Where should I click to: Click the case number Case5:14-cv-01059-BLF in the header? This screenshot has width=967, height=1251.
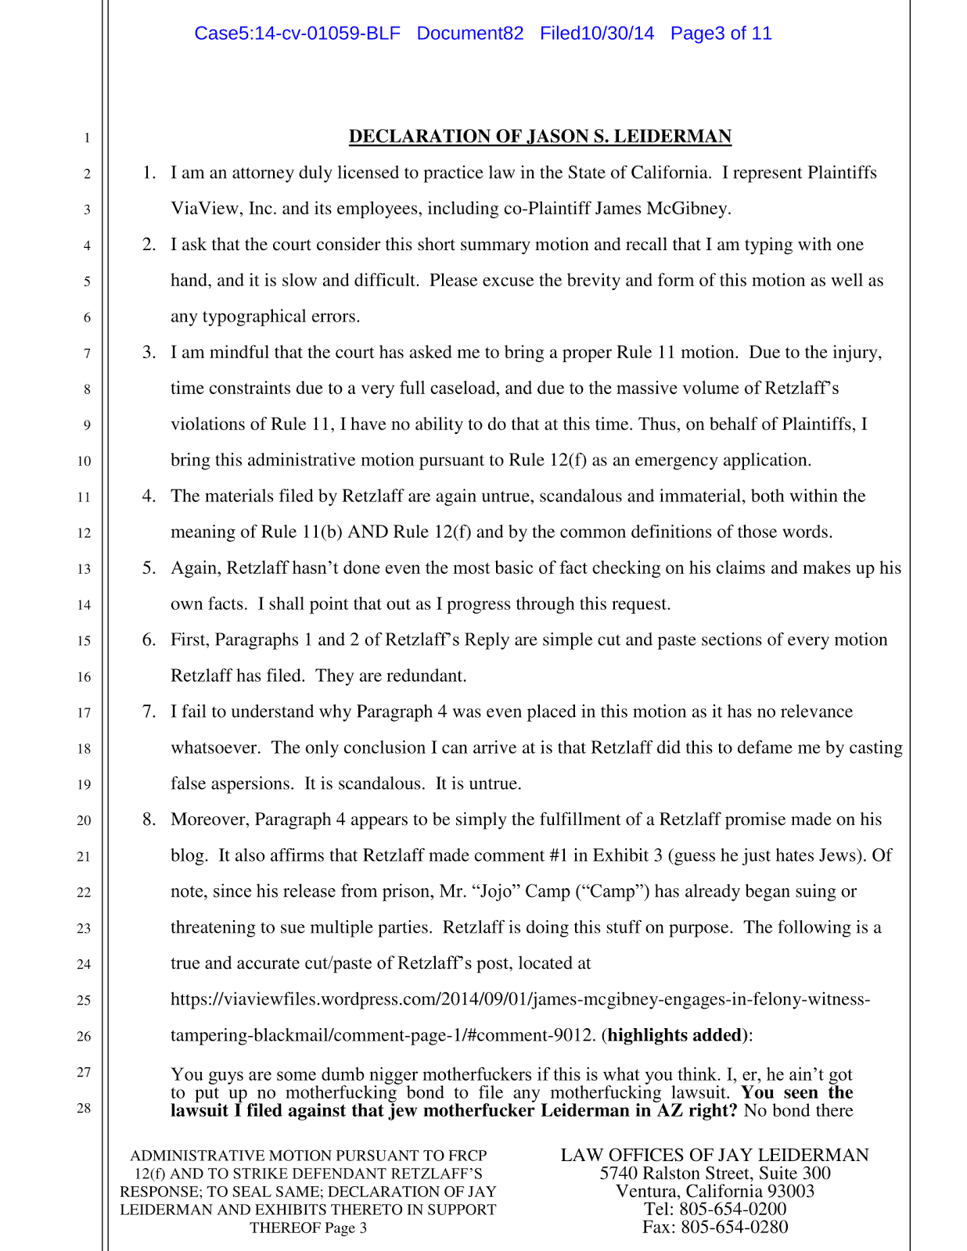[x=297, y=34]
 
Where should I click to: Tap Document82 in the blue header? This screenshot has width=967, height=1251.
[x=470, y=34]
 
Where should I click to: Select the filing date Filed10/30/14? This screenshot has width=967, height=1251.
[x=597, y=34]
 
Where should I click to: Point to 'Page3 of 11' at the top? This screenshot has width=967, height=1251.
[x=721, y=34]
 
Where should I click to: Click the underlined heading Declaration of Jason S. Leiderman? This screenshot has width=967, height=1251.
[x=540, y=137]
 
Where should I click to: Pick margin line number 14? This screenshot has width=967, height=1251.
[x=84, y=604]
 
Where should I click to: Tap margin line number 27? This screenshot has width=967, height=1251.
[x=84, y=1072]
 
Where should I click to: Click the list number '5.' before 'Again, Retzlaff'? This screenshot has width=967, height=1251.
[x=149, y=568]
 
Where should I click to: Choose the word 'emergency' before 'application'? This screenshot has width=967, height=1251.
[x=676, y=461]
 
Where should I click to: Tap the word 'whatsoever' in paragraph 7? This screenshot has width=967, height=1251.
[x=215, y=748]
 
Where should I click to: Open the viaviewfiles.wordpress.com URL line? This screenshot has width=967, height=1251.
[x=520, y=1000]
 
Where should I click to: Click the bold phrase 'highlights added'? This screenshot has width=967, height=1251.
[x=674, y=1036]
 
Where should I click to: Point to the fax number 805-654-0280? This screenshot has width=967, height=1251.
[x=734, y=1227]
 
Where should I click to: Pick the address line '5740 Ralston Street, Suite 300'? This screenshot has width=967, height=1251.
[x=715, y=1174]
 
